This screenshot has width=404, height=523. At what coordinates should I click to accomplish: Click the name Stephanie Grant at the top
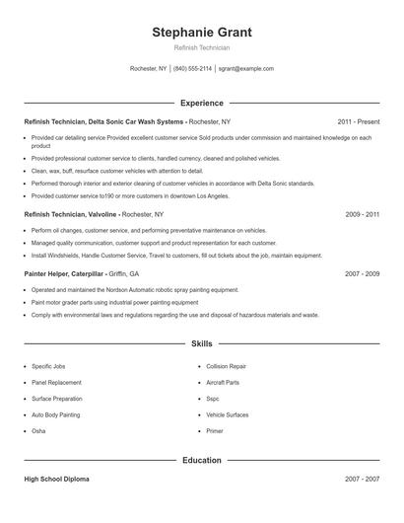[x=202, y=32]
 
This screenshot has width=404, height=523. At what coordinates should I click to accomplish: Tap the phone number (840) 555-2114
[x=192, y=69]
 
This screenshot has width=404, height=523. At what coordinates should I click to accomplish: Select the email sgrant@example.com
[x=245, y=69]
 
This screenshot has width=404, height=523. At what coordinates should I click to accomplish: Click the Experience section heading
[x=202, y=103]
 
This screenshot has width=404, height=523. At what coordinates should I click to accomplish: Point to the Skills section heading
[x=202, y=343]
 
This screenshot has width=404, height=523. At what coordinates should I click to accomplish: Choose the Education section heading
[x=202, y=460]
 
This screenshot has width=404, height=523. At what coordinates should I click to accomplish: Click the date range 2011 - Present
[x=358, y=121]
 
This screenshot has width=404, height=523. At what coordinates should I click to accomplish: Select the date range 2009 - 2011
[x=362, y=213]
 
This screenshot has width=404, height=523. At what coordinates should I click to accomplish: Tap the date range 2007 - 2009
[x=362, y=273]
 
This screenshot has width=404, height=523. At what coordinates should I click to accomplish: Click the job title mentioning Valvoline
[x=71, y=213]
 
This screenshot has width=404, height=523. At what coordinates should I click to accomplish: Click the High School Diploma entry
[x=56, y=479]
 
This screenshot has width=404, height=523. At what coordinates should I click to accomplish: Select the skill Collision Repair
[x=226, y=366]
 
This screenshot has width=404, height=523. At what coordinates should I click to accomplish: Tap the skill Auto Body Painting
[x=55, y=414]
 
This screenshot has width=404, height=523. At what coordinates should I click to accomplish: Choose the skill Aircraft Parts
[x=222, y=382]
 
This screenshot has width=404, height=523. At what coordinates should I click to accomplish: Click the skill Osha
[x=38, y=431]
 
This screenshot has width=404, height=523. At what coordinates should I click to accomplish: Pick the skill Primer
[x=214, y=431]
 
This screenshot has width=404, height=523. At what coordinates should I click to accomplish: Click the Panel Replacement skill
[x=56, y=382]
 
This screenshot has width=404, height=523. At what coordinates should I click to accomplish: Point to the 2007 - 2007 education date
[x=362, y=479]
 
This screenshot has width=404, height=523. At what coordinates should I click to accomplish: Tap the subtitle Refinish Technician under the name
[x=202, y=47]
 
